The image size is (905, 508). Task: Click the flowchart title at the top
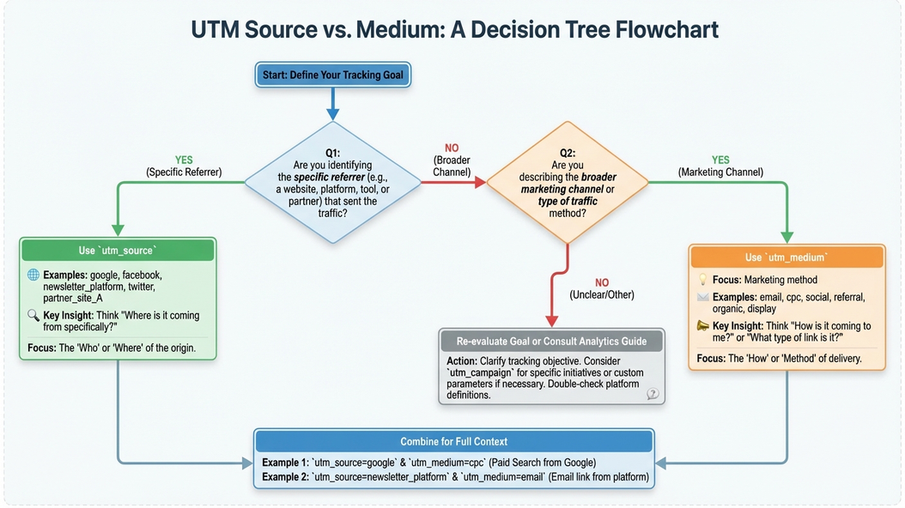(x=454, y=30)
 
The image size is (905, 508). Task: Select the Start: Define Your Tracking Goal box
(x=333, y=76)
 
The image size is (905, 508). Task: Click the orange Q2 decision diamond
(x=568, y=183)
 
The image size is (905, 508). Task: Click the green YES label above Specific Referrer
(x=184, y=160)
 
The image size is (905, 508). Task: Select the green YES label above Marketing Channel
(x=720, y=160)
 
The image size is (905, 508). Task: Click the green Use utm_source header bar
(x=118, y=251)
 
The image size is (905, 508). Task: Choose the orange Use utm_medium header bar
(x=787, y=257)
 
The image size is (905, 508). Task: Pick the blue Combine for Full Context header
(x=454, y=442)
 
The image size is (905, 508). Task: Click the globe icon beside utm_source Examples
(x=33, y=275)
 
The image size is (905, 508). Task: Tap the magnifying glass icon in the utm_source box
(x=33, y=316)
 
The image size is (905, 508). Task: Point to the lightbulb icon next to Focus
(x=702, y=280)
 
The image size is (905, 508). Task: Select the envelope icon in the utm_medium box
(x=702, y=298)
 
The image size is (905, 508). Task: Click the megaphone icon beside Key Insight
(x=702, y=326)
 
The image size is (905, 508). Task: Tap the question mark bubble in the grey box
(x=653, y=393)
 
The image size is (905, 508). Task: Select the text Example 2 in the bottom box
(x=284, y=477)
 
